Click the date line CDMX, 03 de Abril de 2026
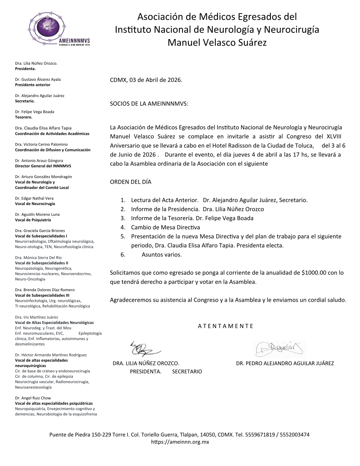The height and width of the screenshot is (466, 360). (146, 80)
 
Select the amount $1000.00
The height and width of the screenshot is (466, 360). (314, 273)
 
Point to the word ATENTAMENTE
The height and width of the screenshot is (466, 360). (226, 326)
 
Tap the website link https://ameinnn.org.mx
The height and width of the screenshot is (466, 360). (180, 442)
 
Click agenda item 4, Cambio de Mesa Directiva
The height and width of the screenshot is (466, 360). (165, 227)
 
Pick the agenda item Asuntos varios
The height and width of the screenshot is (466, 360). (162, 254)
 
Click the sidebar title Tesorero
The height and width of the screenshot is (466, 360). (24, 117)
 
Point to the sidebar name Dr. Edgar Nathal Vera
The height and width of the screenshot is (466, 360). (34, 198)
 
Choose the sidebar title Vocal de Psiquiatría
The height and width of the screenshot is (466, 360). (33, 220)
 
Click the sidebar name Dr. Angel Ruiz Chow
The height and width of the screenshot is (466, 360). (33, 398)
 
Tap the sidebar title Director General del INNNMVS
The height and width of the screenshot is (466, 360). (43, 166)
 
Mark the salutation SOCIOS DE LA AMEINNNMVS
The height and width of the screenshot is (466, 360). (149, 104)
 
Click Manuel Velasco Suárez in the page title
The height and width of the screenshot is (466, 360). (217, 43)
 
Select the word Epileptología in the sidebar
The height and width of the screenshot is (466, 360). (90, 333)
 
